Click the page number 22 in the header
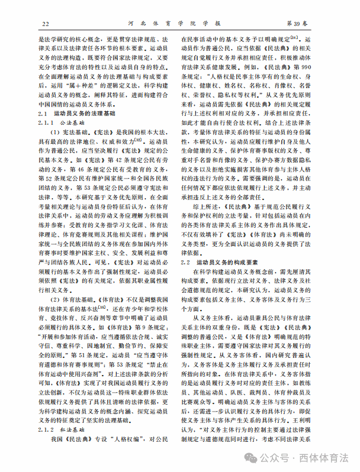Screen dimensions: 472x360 pos(45,23)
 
